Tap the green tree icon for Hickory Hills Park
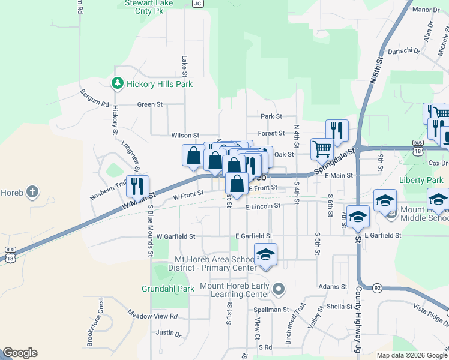point(119,83)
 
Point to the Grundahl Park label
point(168,289)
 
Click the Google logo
point(20,353)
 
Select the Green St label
point(150,104)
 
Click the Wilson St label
point(185,136)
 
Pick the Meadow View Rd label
point(153,315)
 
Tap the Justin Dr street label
point(168,333)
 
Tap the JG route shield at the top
point(197,3)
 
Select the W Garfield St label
point(176,236)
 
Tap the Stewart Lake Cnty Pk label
point(144,7)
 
